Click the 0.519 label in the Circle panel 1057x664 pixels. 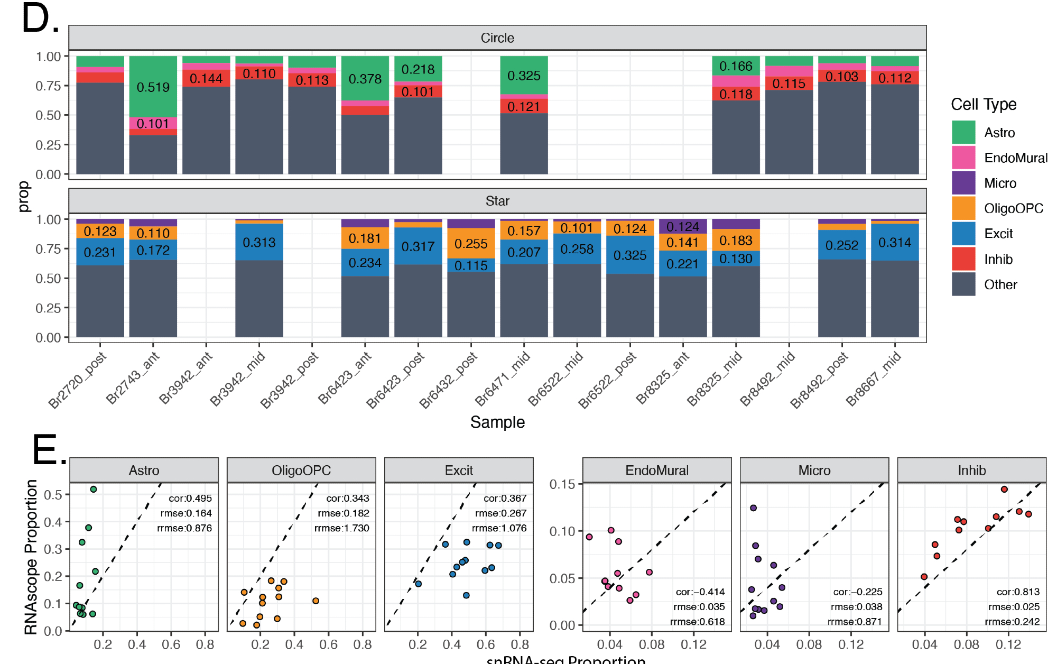coord(153,87)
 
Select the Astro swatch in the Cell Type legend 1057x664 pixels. coord(963,132)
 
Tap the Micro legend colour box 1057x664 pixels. coord(963,183)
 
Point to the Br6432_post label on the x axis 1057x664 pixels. coord(448,380)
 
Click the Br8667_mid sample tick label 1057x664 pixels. coord(873,379)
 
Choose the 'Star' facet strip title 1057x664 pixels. coord(497,201)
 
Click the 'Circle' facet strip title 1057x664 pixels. coord(497,38)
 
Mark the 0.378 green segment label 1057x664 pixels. coord(365,79)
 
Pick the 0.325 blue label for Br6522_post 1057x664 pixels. coord(630,255)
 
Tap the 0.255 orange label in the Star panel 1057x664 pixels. coord(471,244)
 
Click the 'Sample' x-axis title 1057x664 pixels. coord(497,422)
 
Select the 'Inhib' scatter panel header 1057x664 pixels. coord(971,471)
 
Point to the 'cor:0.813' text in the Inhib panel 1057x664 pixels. coord(1018,592)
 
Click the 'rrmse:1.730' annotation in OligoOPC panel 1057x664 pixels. coord(342,528)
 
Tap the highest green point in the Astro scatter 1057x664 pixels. coord(94,490)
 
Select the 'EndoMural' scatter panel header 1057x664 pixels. coord(657,471)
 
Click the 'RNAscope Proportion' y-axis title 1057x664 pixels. coord(31,557)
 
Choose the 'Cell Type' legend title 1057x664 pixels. coord(984,105)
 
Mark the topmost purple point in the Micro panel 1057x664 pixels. coord(754,508)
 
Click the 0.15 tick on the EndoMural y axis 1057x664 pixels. coord(563,484)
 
